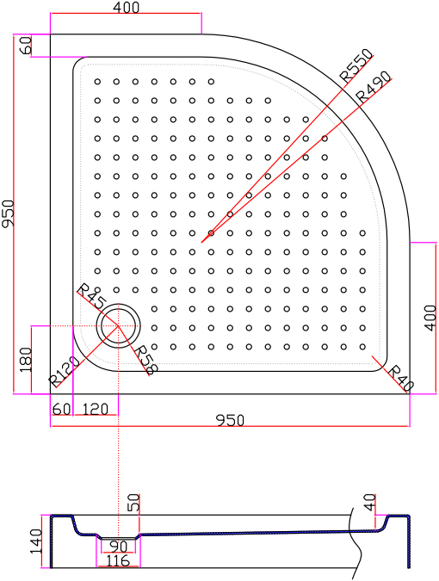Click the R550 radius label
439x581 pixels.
(356, 65)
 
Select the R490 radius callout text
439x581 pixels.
(373, 87)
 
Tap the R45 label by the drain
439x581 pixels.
(91, 297)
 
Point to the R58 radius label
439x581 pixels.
(146, 359)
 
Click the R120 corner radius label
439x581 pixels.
(64, 371)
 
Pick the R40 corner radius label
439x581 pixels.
(400, 379)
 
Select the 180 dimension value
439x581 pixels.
(26, 360)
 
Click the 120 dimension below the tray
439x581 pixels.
(95, 410)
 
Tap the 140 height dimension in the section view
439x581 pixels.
(36, 541)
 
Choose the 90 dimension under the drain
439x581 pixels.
(119, 547)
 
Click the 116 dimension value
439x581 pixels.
(118, 561)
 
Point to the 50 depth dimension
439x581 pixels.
(133, 503)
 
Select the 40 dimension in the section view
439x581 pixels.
(369, 503)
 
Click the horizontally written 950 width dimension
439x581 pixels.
(230, 421)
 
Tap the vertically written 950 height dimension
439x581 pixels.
(8, 213)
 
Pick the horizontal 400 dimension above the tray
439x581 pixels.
(126, 8)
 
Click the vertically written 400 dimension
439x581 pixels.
(430, 318)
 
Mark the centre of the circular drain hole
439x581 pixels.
(118, 325)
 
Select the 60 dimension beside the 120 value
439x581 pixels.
(61, 410)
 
